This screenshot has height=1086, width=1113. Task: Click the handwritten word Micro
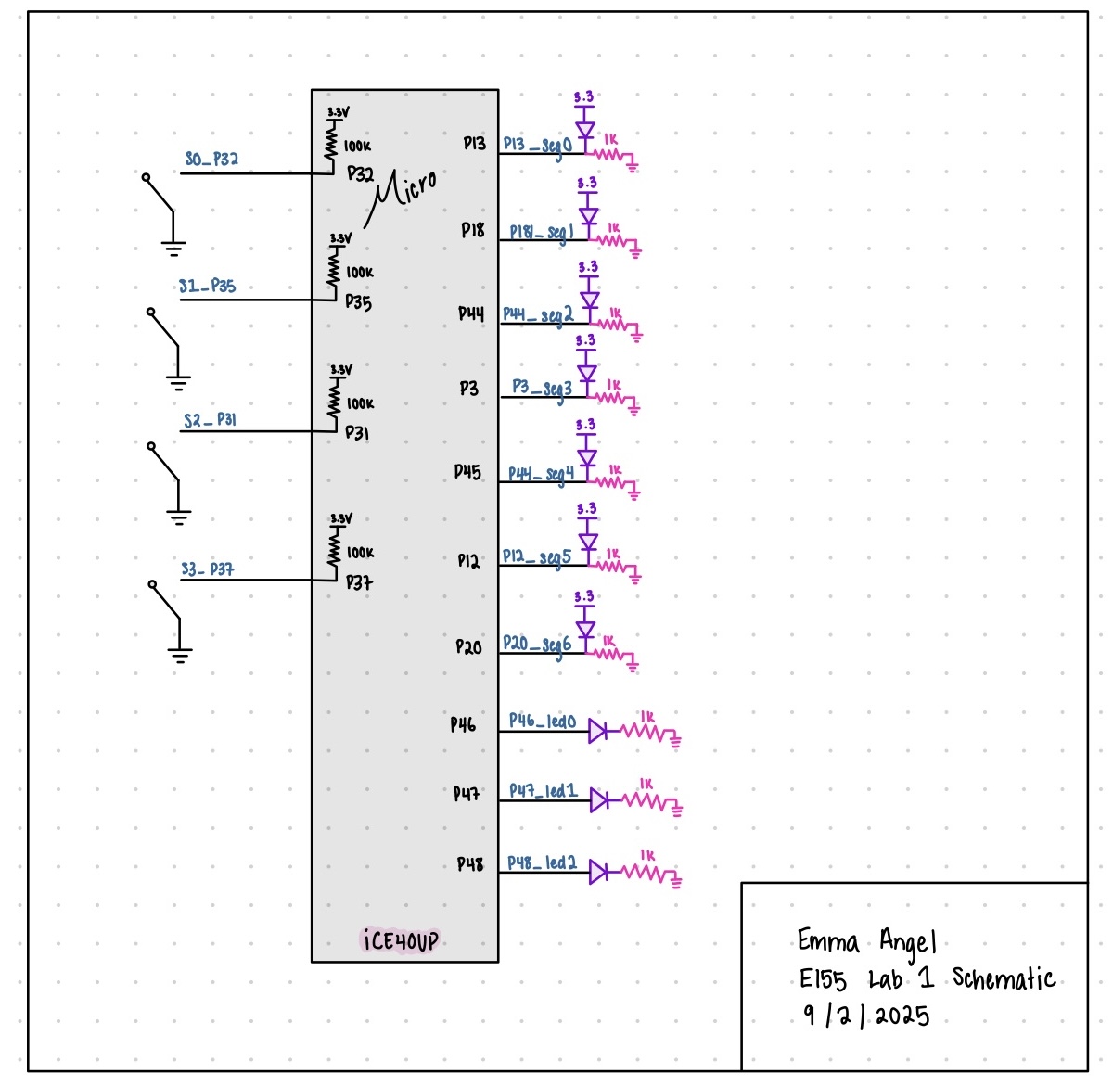pos(405,190)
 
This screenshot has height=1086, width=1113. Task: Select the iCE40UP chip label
pos(400,940)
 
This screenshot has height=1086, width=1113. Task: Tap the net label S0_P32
pos(211,159)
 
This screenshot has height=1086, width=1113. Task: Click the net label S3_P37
pos(207,569)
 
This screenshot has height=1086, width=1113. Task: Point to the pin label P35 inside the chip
pos(359,302)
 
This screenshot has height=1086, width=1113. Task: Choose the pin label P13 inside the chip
pos(474,144)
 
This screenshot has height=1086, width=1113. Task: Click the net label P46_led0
pos(542,721)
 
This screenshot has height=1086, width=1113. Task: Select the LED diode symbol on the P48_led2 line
pos(598,872)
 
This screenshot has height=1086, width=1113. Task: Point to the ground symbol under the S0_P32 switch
pos(173,247)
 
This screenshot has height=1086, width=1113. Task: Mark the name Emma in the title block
pos(827,942)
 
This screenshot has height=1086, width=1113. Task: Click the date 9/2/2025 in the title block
pos(866,1015)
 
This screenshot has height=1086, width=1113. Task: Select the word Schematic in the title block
pos(1004,978)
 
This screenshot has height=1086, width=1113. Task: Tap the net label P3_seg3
pos(542,387)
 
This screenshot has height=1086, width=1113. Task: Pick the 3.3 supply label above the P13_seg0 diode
pos(583,96)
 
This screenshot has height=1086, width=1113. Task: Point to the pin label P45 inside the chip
pos(467,472)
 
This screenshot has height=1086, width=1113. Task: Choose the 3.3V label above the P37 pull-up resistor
pos(340,518)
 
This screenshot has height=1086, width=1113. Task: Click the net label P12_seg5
pos(536,557)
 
